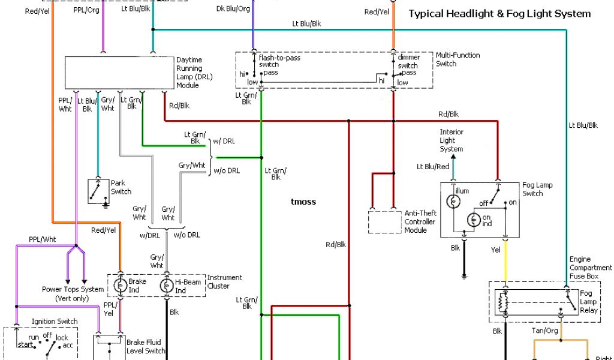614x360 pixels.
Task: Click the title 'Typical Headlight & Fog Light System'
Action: [499, 13]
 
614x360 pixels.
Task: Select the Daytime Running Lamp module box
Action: [119, 73]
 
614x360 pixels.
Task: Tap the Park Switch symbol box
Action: [98, 191]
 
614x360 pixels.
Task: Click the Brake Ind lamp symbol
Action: [121, 286]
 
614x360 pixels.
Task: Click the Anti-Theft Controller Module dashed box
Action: [384, 222]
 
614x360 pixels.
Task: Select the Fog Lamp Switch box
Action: [480, 209]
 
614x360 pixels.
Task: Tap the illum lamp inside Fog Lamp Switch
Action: [455, 201]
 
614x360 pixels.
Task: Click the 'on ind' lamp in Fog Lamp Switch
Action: [473, 220]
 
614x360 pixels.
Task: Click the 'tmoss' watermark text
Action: [303, 202]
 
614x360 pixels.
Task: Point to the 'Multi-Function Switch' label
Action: [458, 59]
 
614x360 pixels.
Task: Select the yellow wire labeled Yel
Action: [505, 261]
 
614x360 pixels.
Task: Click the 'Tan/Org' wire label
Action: [544, 331]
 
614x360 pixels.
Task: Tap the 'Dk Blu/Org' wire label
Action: [233, 9]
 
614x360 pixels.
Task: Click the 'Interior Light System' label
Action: [451, 140]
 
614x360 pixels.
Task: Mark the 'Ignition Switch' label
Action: [55, 322]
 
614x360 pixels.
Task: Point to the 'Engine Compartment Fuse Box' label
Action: [591, 268]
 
